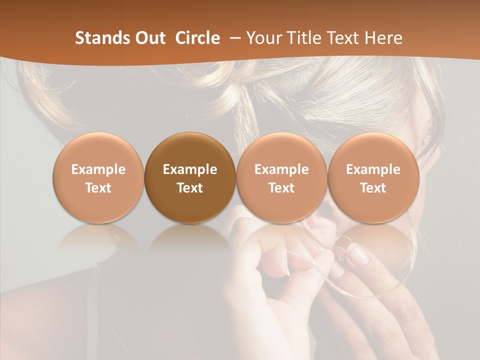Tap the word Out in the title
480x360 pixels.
pyautogui.click(x=149, y=38)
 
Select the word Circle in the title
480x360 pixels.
pyautogui.click(x=197, y=38)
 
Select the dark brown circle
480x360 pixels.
pyautogui.click(x=190, y=177)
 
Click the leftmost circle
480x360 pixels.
pyautogui.click(x=98, y=177)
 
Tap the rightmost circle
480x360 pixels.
pyautogui.click(x=373, y=177)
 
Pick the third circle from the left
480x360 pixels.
pyautogui.click(x=281, y=177)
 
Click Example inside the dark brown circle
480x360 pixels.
pyautogui.click(x=190, y=169)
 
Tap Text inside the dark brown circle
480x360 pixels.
pyautogui.click(x=190, y=188)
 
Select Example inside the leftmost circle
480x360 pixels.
pyautogui.click(x=98, y=169)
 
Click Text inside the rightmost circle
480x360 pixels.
pyautogui.click(x=373, y=188)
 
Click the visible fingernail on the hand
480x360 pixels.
pyautogui.click(x=358, y=256)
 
